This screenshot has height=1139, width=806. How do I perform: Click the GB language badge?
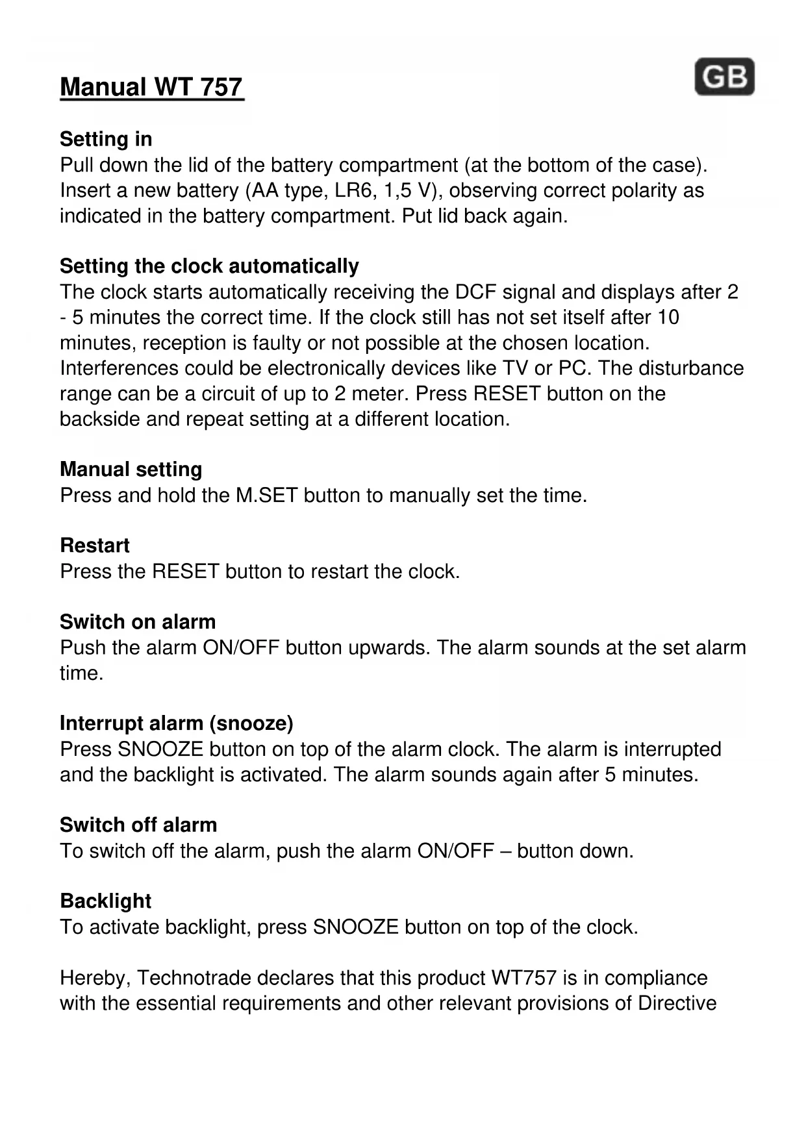pos(724,77)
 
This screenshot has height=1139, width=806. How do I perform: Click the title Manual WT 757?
pos(151,87)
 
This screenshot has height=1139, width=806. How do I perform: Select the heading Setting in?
pos(106,139)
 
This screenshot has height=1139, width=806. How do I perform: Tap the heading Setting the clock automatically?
pos(209,266)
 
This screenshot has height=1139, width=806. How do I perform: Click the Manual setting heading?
pos(131,469)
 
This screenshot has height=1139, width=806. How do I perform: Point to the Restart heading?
pos(95,545)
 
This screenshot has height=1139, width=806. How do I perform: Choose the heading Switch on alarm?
pos(138,622)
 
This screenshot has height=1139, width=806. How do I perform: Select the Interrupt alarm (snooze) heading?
pos(177,723)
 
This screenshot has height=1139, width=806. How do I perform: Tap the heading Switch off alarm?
pos(138,825)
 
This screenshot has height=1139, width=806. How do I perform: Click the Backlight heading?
pos(105,901)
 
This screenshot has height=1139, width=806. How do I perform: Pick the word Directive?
pos(677,1003)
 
